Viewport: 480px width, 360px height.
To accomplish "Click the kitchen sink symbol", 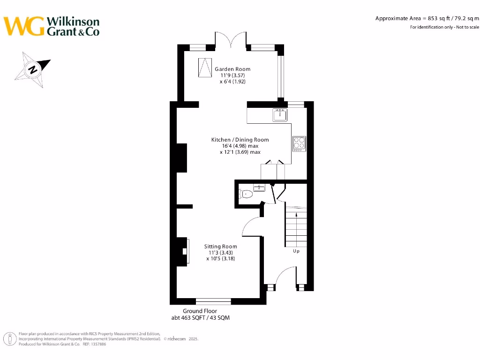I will (x=280, y=114).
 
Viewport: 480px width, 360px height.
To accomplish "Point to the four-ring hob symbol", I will (x=299, y=143).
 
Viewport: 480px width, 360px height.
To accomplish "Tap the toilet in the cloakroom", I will (x=246, y=194).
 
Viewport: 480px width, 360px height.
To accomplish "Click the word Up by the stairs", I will (x=296, y=251).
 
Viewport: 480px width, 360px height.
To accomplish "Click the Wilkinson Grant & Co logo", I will (x=52, y=26).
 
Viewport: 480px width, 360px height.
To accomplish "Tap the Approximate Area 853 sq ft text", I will (x=427, y=18).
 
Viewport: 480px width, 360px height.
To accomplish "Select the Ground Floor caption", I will (x=200, y=311).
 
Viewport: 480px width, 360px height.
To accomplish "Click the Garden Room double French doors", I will (x=230, y=40).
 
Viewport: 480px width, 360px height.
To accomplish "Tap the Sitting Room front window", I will (x=213, y=301).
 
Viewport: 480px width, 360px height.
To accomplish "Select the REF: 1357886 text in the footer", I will (x=94, y=344).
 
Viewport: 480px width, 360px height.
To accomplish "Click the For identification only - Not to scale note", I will (x=444, y=27).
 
